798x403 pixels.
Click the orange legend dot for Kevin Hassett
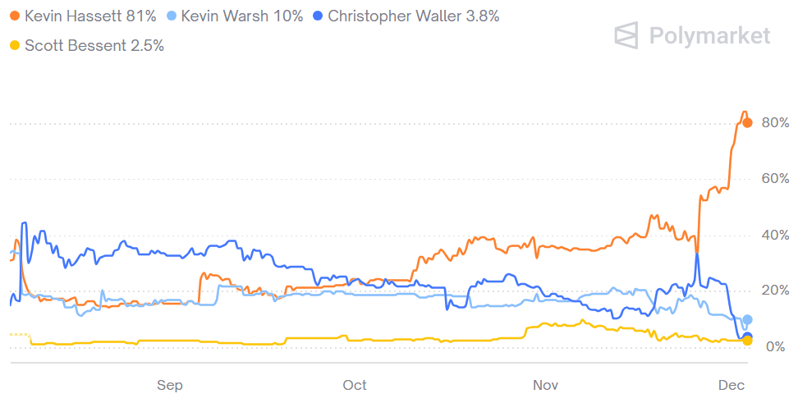15,16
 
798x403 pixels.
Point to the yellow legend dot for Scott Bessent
15,45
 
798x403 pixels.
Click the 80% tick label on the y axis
775,123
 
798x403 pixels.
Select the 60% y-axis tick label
775,179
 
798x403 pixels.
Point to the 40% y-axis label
775,236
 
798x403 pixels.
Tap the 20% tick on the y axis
775,291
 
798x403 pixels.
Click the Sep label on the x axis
169,385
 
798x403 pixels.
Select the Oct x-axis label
355,385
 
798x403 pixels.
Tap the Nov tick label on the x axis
546,385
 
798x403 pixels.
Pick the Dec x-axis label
731,385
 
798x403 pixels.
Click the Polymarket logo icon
628,35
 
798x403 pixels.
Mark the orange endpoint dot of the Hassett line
747,123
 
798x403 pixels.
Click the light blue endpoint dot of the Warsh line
747,319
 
